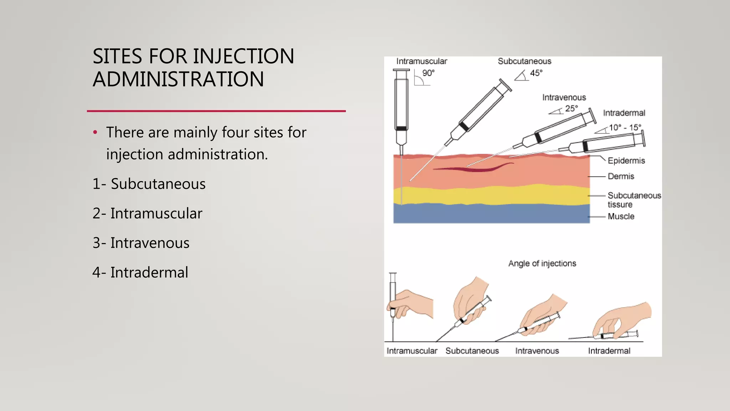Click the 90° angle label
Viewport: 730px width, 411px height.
[x=428, y=73]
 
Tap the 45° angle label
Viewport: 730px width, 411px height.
[x=536, y=73]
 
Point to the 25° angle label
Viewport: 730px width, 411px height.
[x=571, y=108]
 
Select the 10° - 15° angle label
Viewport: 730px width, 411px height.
[x=624, y=128]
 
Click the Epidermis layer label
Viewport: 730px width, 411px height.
[x=626, y=161]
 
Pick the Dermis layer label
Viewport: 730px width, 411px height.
[x=621, y=176]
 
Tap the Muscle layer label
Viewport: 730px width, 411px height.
[x=621, y=217]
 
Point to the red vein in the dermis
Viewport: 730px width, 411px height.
[x=474, y=168]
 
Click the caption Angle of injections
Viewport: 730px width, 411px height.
[x=542, y=263]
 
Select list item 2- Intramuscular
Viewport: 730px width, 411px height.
[x=147, y=213]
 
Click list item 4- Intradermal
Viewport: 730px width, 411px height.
[x=140, y=273]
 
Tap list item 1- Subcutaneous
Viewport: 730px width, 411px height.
[x=149, y=184]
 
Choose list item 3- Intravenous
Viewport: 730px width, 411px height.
[x=141, y=243]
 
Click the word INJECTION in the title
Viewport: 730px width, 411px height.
[x=243, y=56]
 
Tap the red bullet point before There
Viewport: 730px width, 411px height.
[x=95, y=132]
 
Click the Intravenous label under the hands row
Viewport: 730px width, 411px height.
[x=537, y=351]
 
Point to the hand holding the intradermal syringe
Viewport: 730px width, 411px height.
[x=624, y=318]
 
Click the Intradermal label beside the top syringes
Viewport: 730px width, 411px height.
[x=624, y=113]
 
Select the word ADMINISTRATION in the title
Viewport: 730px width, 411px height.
[x=178, y=79]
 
